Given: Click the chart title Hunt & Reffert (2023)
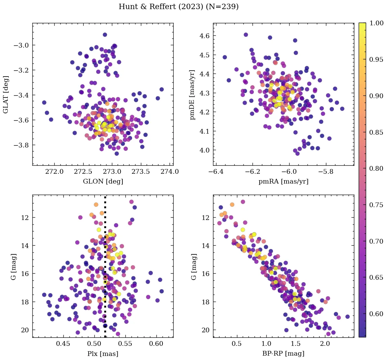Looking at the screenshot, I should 179,7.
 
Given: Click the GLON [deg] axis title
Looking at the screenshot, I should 103,182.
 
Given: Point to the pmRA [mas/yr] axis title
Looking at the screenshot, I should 283,182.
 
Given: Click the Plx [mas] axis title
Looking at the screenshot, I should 103,354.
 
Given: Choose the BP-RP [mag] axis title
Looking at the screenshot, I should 283,354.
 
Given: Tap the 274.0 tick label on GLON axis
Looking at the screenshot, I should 170,172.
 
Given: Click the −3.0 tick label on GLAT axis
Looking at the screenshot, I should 22,45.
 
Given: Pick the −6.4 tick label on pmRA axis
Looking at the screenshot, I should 216,172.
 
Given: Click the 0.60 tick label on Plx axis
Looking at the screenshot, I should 156,344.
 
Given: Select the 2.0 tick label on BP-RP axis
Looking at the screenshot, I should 325,344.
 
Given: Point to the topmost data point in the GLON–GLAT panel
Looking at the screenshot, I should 105,35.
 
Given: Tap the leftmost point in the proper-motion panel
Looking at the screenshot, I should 225,57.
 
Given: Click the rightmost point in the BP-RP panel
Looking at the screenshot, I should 348,316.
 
